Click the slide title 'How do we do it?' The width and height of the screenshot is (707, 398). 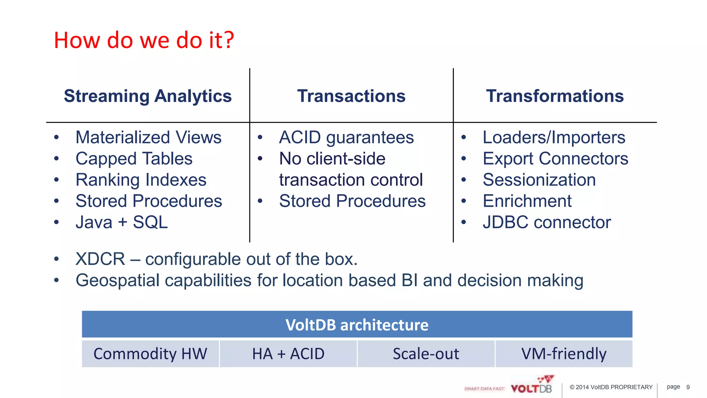point(144,40)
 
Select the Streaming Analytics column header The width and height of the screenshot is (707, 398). point(148,96)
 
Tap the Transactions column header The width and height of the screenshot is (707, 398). point(351,96)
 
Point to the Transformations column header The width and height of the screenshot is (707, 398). point(555,96)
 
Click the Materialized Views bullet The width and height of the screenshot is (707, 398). point(148,138)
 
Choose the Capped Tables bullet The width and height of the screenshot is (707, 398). point(134,159)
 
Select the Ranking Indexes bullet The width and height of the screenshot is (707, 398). point(141,180)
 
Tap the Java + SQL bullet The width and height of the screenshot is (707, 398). point(122,222)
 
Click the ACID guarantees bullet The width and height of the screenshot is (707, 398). point(346,138)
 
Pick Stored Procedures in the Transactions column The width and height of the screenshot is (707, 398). point(352,201)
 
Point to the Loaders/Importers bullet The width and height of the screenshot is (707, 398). point(554,138)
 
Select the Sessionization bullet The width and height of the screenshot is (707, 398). point(539,180)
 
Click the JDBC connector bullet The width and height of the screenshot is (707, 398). point(547,222)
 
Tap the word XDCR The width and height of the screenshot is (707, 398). point(100,259)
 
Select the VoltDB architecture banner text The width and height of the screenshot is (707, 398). point(357,325)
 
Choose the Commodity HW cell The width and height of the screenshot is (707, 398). point(150,354)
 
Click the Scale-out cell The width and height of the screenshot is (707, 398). point(426,354)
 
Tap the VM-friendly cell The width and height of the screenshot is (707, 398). point(564,354)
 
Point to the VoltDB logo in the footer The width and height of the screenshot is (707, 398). point(532,386)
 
